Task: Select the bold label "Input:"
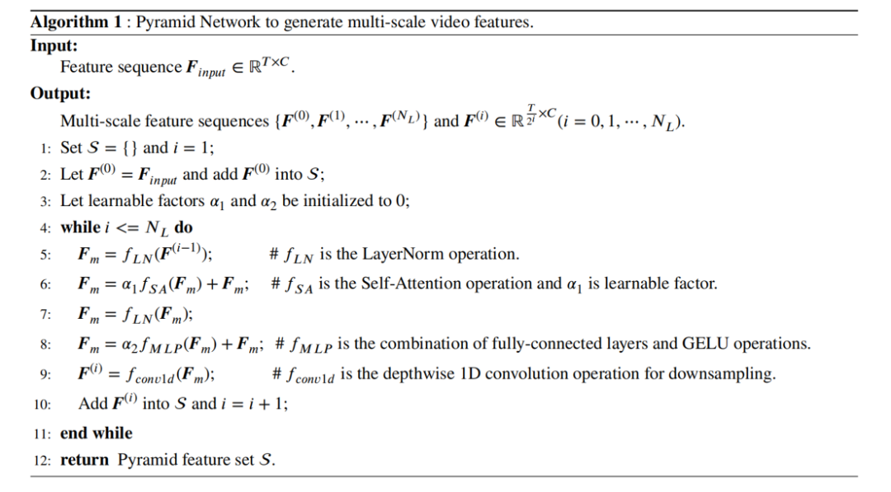[53, 45]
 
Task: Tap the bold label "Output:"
[60, 94]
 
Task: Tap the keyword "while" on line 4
[80, 227]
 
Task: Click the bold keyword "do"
[183, 227]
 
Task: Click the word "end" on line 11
[73, 433]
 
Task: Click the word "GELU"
[706, 343]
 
